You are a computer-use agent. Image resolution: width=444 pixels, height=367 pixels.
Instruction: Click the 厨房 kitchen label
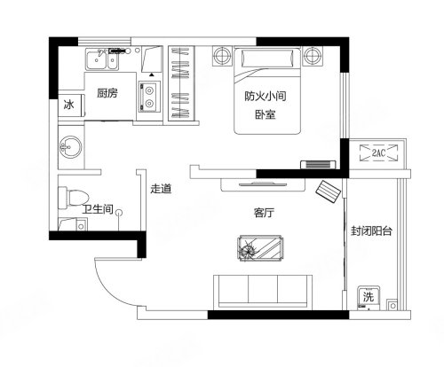(107, 93)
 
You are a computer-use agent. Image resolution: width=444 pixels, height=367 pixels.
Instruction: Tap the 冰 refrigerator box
(71, 105)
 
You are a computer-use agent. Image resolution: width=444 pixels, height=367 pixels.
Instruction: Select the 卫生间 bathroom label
(98, 209)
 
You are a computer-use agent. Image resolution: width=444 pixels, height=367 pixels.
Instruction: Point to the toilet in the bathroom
(74, 198)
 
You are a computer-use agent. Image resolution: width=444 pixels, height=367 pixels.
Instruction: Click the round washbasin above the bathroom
(71, 147)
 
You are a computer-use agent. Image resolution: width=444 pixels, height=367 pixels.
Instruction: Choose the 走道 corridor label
(161, 189)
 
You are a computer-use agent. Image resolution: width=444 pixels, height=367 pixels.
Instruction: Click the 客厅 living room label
(264, 213)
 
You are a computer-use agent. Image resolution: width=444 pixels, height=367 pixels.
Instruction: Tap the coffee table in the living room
(260, 248)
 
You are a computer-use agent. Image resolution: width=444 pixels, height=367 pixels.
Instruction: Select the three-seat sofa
(263, 292)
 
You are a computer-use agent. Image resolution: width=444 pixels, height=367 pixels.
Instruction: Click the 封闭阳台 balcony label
(371, 230)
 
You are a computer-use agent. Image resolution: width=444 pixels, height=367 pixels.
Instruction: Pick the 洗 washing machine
(369, 298)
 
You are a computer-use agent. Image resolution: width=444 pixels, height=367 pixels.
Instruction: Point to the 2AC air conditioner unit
(378, 152)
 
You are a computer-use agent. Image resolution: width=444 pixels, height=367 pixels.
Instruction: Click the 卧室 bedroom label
(266, 114)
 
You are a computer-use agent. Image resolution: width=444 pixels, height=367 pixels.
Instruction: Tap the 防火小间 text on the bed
(266, 97)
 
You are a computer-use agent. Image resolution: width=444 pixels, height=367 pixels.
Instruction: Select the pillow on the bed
(267, 59)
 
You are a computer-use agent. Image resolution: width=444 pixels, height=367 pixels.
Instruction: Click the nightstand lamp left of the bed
(222, 55)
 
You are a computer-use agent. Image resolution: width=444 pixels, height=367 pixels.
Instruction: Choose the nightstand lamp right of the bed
(312, 55)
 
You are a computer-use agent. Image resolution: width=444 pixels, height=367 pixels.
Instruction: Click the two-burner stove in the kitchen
(149, 97)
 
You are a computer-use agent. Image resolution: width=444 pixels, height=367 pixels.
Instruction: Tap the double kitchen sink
(102, 59)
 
